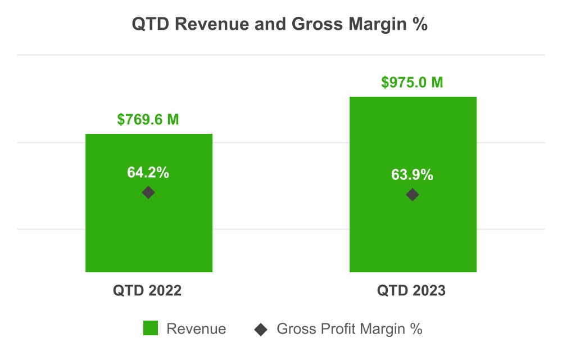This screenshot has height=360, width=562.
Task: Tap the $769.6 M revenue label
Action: (148, 120)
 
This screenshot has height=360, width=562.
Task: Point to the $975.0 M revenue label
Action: (413, 83)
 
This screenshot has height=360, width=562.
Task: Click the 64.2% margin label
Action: (148, 173)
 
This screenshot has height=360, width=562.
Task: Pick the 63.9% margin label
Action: (413, 175)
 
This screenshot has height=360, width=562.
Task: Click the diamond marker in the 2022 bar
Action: (148, 192)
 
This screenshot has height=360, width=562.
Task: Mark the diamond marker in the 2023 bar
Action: (413, 195)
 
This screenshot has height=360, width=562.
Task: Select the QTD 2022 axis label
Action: (147, 291)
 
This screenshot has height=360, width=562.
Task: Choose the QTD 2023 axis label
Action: (411, 291)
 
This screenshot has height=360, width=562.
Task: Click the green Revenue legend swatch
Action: (151, 328)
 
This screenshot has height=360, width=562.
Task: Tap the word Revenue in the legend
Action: (196, 329)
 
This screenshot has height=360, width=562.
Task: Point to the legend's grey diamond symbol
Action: (261, 329)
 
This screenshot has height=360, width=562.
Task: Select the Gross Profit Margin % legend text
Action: (349, 329)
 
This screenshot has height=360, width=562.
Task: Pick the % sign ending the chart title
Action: (420, 25)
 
